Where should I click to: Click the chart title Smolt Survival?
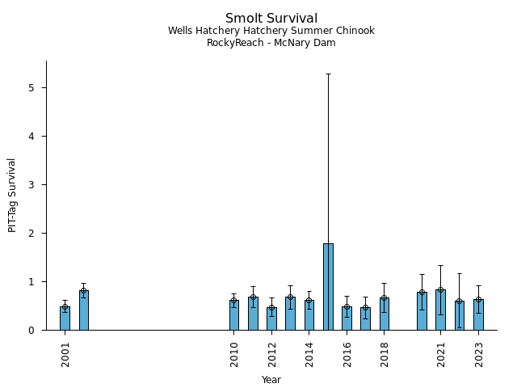(x=271, y=18)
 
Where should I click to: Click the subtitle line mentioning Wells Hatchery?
(x=271, y=31)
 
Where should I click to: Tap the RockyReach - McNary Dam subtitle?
(x=271, y=43)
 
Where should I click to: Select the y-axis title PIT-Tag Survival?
(x=12, y=195)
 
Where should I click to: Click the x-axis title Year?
(x=271, y=379)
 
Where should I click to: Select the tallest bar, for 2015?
(x=328, y=286)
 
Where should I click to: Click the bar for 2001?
(x=65, y=318)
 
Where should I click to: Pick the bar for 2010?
(x=234, y=315)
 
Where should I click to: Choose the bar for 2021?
(x=440, y=310)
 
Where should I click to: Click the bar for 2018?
(x=385, y=314)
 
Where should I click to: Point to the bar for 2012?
(x=271, y=318)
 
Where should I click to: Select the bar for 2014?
(x=309, y=315)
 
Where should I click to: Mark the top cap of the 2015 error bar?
(x=328, y=74)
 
